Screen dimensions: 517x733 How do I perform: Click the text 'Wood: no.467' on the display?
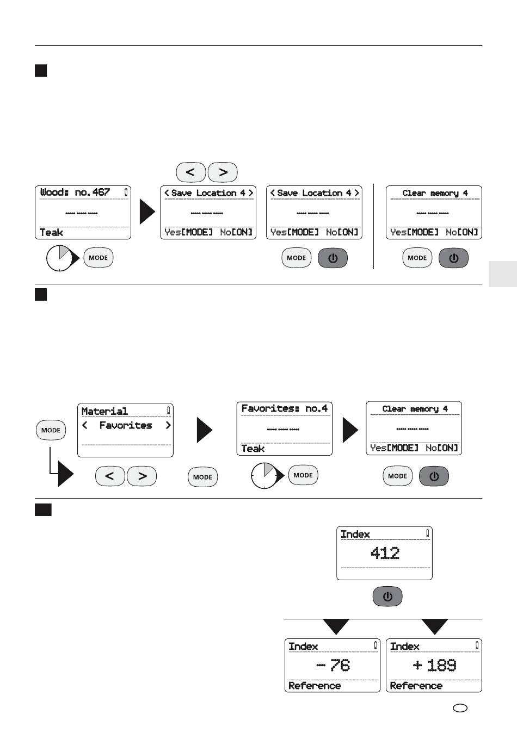(75, 192)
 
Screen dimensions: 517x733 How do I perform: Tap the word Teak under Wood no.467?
(51, 233)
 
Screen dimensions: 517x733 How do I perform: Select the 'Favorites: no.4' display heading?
(284, 408)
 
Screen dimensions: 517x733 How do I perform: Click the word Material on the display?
(104, 411)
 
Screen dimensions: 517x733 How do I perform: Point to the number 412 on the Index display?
(385, 553)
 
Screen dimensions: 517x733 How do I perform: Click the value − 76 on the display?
(333, 665)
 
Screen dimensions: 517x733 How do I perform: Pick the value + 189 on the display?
(434, 665)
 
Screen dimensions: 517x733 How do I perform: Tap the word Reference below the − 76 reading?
(315, 686)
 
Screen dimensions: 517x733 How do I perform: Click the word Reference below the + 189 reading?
(416, 686)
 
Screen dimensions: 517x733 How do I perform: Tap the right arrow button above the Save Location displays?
(223, 172)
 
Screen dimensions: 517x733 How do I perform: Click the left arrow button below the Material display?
(110, 476)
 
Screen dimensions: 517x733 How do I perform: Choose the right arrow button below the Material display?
(142, 476)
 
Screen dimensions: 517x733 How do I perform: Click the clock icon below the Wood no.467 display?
(60, 258)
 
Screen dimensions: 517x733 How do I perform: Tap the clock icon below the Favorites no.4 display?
(264, 475)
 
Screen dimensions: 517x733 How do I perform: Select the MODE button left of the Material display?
(51, 430)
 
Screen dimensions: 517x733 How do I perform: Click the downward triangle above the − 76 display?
(336, 626)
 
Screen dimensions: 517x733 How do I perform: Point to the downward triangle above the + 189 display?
(434, 626)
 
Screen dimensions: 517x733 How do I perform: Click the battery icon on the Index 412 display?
(428, 533)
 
